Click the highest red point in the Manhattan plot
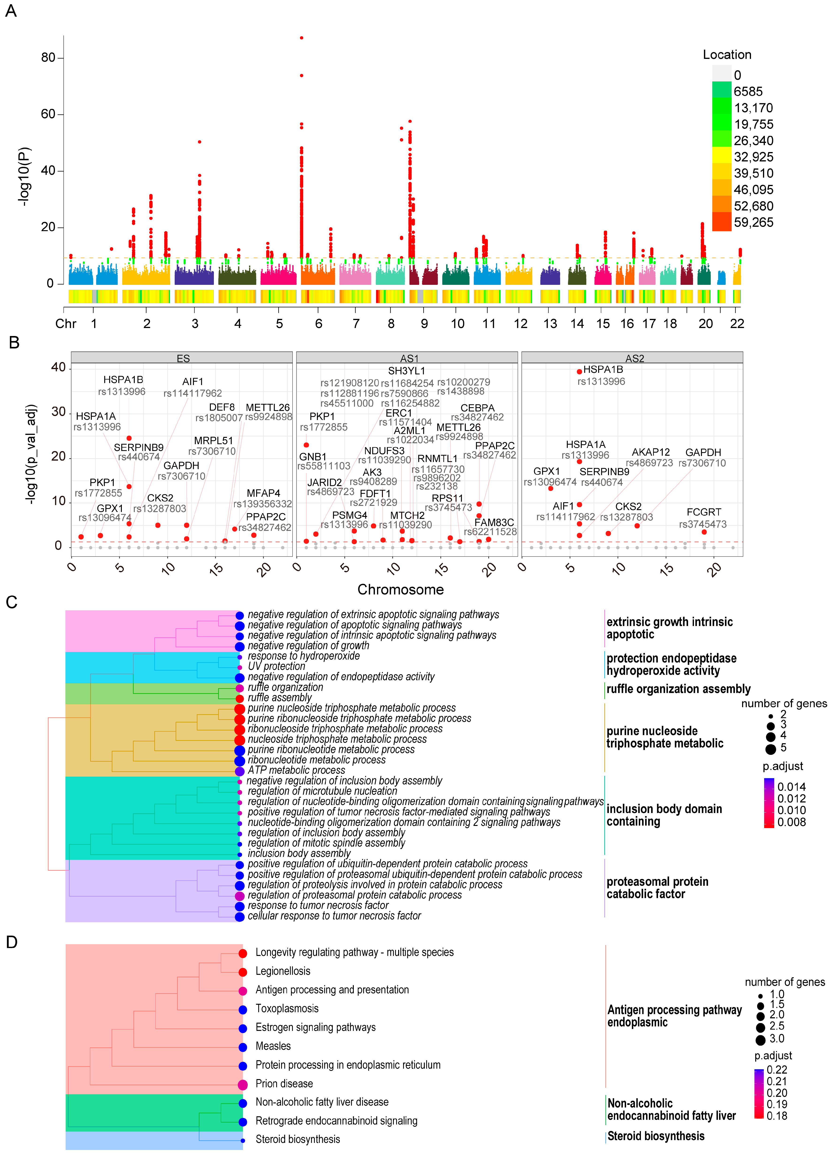[x=302, y=38]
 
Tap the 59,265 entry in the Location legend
[x=753, y=222]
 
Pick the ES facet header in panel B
[x=183, y=358]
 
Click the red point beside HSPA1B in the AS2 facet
[x=579, y=371]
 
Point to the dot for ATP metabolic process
[x=239, y=771]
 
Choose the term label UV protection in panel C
[x=276, y=666]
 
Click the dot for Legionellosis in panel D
[x=243, y=972]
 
